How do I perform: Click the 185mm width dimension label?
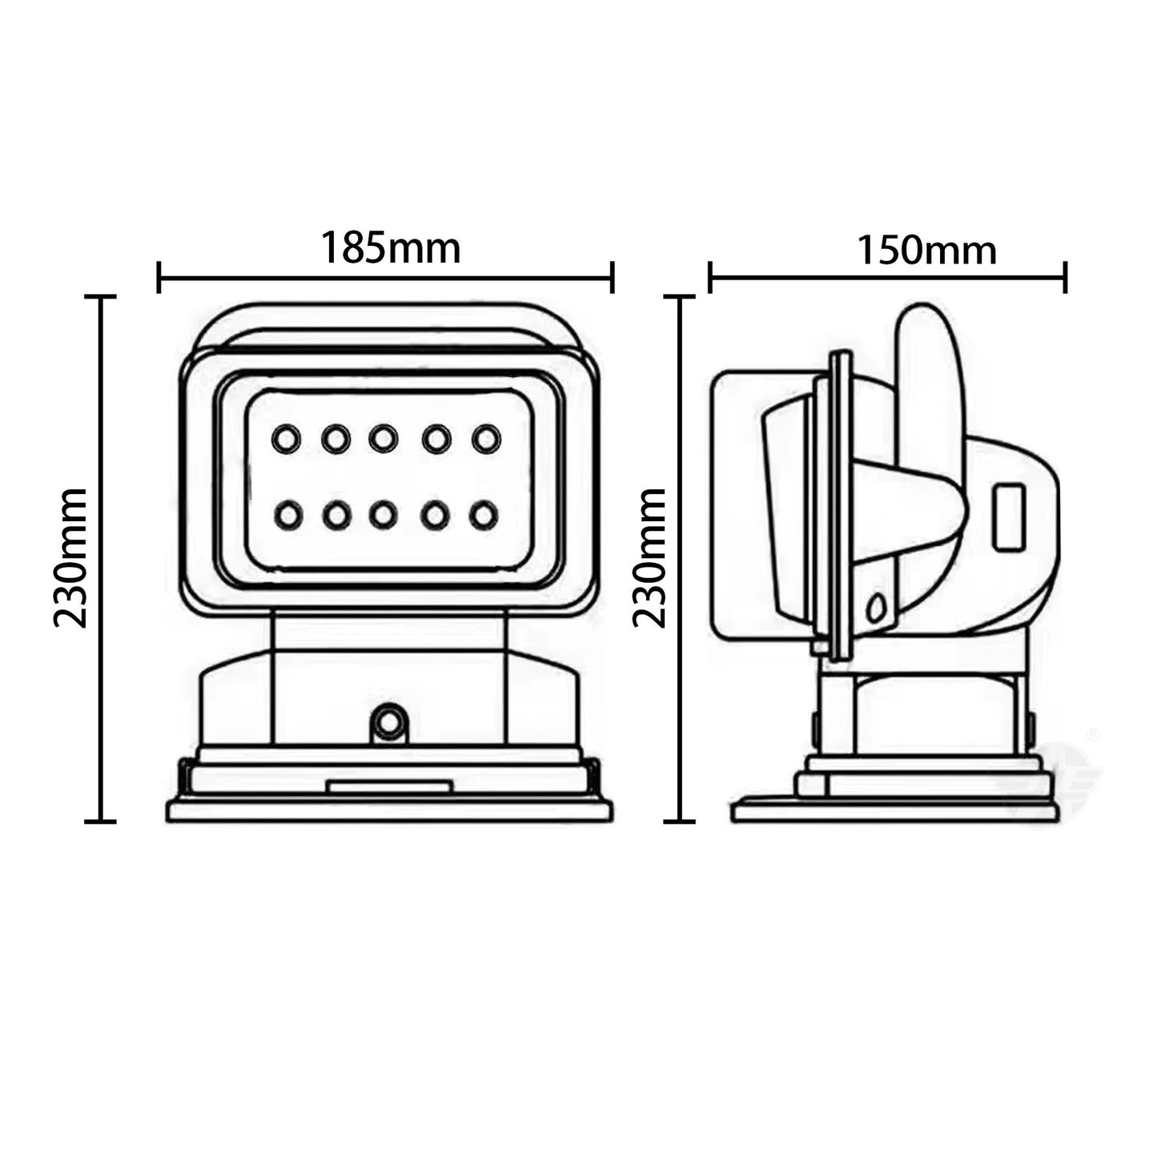pyautogui.click(x=391, y=248)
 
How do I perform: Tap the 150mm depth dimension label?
pyautogui.click(x=926, y=250)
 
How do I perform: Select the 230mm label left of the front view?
pyautogui.click(x=70, y=558)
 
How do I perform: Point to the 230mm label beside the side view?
pyautogui.click(x=649, y=558)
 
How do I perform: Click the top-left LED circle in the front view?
pyautogui.click(x=286, y=439)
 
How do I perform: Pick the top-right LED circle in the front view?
pyautogui.click(x=486, y=439)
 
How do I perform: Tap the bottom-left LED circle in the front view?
pyautogui.click(x=288, y=516)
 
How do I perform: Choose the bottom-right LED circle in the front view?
pyautogui.click(x=484, y=516)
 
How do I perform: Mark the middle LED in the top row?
pyautogui.click(x=383, y=438)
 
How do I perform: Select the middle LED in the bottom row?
pyautogui.click(x=384, y=516)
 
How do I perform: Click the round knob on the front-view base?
pyautogui.click(x=389, y=723)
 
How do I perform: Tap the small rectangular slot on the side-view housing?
pyautogui.click(x=1009, y=518)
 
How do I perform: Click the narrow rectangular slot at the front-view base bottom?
pyautogui.click(x=389, y=786)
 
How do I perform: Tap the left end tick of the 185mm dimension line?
pyautogui.click(x=159, y=277)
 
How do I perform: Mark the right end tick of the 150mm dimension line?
pyautogui.click(x=1065, y=277)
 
